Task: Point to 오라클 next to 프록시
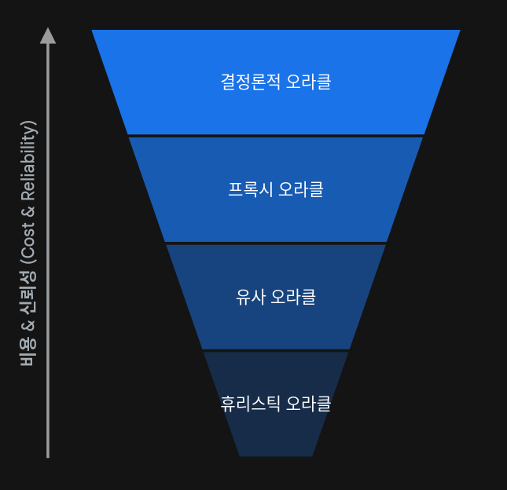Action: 300,189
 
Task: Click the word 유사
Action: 249,297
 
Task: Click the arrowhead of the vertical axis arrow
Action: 48,35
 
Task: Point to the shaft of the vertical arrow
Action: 48,251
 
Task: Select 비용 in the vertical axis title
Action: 28,353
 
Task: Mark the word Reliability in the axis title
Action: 28,162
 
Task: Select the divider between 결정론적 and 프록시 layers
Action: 276,136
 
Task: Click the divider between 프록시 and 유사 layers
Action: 276,243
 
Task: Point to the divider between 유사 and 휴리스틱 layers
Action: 276,350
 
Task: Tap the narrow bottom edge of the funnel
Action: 276,455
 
